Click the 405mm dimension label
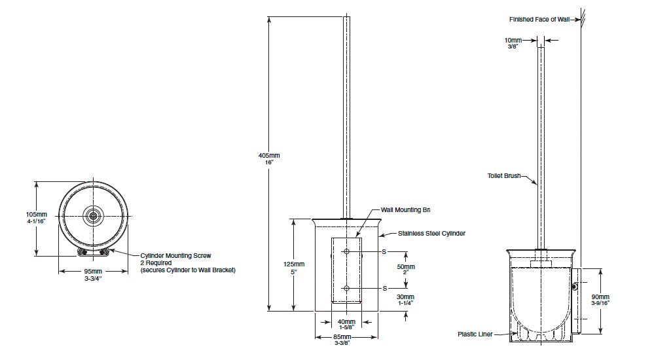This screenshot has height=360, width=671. click(269, 155)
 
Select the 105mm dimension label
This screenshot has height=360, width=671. click(37, 214)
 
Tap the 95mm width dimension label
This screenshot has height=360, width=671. click(93, 271)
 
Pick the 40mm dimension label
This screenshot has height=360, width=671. click(346, 321)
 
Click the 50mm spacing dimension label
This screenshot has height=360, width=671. click(405, 267)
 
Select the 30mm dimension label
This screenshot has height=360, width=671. click(405, 297)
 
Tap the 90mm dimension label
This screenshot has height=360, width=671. click(600, 296)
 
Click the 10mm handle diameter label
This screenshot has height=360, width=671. click(513, 41)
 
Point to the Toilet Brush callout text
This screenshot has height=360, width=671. click(503, 175)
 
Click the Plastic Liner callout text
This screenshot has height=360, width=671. click(475, 334)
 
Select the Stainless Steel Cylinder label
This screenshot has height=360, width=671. click(431, 233)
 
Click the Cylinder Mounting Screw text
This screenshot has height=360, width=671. click(176, 255)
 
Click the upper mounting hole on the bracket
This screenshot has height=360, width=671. click(347, 251)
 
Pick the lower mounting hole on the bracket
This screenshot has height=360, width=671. click(347, 288)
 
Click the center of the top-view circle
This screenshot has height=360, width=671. click(94, 215)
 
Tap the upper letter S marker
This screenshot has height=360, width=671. click(384, 251)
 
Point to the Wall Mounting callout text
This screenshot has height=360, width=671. click(405, 210)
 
